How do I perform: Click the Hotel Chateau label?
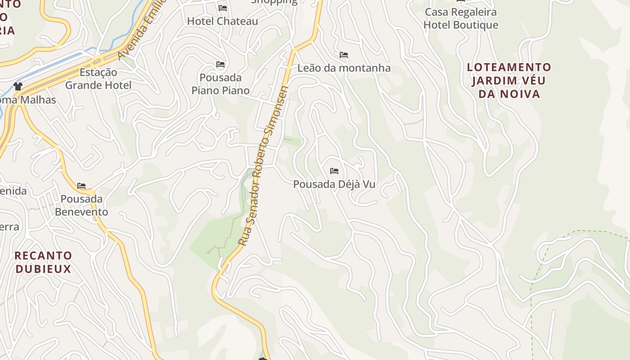(222, 21)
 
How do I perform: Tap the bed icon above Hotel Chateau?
(223, 8)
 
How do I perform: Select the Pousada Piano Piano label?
(220, 84)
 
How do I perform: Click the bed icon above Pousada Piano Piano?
(220, 64)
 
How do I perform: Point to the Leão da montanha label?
(344, 68)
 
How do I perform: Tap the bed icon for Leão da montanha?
(344, 55)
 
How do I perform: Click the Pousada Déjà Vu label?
(334, 184)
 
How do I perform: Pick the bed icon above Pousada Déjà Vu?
(334, 171)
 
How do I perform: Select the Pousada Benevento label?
(81, 205)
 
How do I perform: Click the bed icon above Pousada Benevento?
(81, 185)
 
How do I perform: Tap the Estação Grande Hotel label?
(98, 79)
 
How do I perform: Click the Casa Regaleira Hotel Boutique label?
(461, 18)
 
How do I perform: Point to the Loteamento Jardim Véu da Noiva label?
(509, 81)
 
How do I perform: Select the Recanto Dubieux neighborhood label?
(43, 262)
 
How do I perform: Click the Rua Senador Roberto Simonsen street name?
(263, 166)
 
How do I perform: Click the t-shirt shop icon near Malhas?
(18, 86)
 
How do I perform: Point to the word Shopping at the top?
(274, 1)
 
